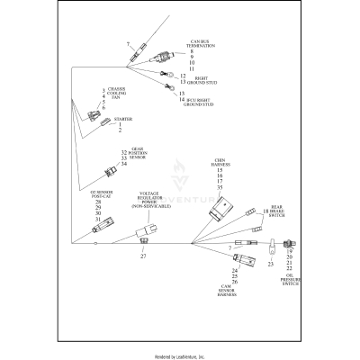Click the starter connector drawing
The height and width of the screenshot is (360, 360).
93,119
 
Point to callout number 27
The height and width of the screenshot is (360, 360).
143,256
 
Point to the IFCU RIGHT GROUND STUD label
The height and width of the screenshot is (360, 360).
196,102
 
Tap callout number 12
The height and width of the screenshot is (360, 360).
184,76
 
